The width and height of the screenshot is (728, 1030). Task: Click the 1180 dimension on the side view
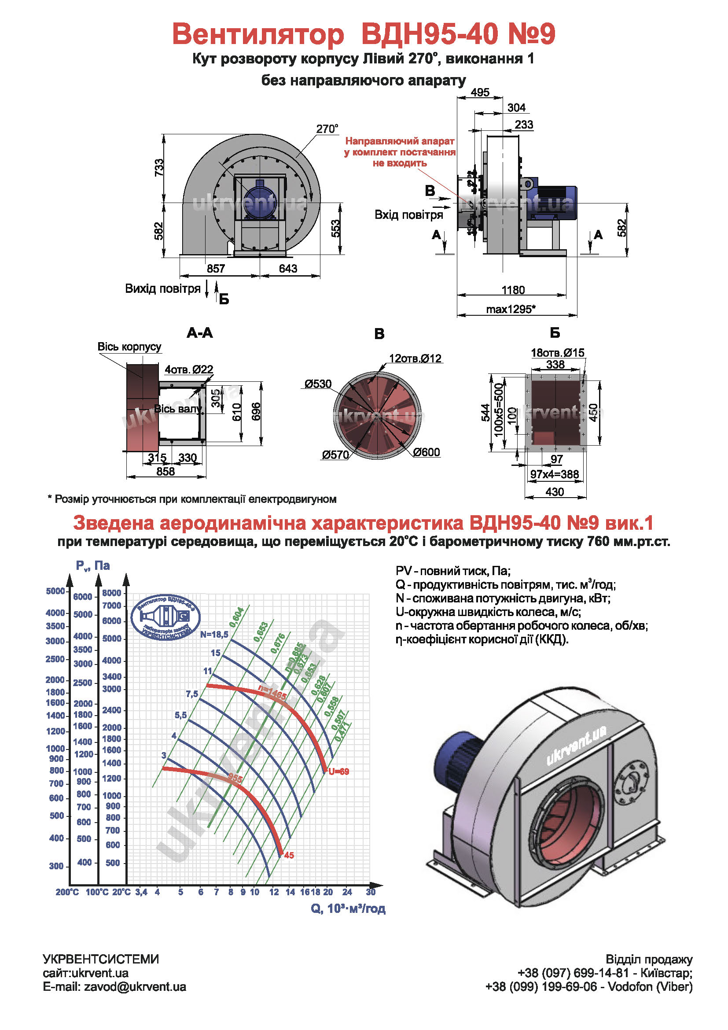[513, 290]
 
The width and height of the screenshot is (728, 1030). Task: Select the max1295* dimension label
[511, 309]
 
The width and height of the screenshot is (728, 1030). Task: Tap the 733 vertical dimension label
[159, 168]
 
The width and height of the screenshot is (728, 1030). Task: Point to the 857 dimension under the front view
[216, 268]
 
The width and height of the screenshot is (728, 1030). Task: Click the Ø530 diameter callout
[318, 384]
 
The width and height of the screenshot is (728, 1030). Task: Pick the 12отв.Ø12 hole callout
[415, 358]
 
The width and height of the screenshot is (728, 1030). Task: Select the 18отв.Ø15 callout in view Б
[558, 353]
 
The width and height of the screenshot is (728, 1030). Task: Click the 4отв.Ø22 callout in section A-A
[189, 369]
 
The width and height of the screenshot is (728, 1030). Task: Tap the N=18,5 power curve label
[214, 634]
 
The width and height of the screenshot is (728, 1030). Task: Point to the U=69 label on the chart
[338, 772]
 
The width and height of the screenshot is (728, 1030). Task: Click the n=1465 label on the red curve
[272, 693]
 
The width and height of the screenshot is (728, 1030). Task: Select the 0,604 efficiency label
[236, 617]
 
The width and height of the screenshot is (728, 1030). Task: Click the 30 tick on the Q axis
[370, 892]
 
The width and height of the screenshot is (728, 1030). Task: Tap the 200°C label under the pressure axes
[67, 892]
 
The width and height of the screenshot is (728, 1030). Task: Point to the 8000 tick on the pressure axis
[112, 593]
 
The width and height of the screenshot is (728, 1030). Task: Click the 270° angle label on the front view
[327, 129]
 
